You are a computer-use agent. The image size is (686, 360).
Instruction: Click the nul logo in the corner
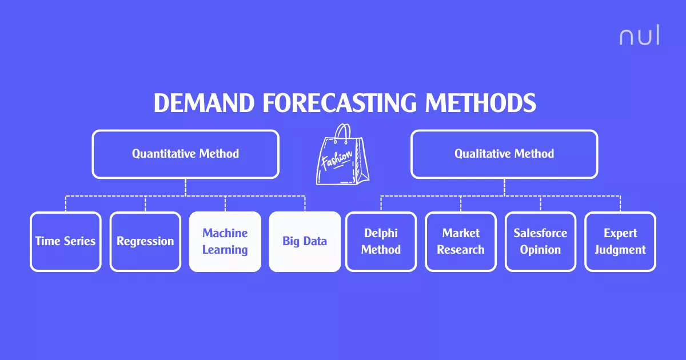point(639,36)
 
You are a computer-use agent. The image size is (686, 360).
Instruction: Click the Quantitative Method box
point(185,154)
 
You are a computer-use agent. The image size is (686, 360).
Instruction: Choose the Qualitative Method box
point(504,154)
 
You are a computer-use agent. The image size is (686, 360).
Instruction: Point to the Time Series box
point(65,241)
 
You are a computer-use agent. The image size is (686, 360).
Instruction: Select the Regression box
point(145,241)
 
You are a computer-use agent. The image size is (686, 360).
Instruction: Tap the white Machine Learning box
point(225,241)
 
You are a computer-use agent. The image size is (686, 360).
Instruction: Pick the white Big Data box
point(305,241)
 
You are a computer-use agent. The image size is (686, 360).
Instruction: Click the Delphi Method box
point(381,241)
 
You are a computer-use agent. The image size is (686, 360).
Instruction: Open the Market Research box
point(461,241)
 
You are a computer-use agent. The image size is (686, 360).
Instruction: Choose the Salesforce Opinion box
point(540,241)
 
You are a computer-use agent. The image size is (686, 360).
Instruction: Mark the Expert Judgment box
point(620,241)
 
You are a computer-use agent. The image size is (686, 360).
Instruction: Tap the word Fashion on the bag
point(336,158)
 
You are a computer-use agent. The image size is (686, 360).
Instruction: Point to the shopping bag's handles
point(342,133)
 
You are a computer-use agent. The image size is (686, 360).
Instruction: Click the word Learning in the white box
point(225,250)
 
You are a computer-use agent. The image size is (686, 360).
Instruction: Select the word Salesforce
point(540,233)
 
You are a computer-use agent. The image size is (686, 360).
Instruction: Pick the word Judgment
point(620,250)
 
